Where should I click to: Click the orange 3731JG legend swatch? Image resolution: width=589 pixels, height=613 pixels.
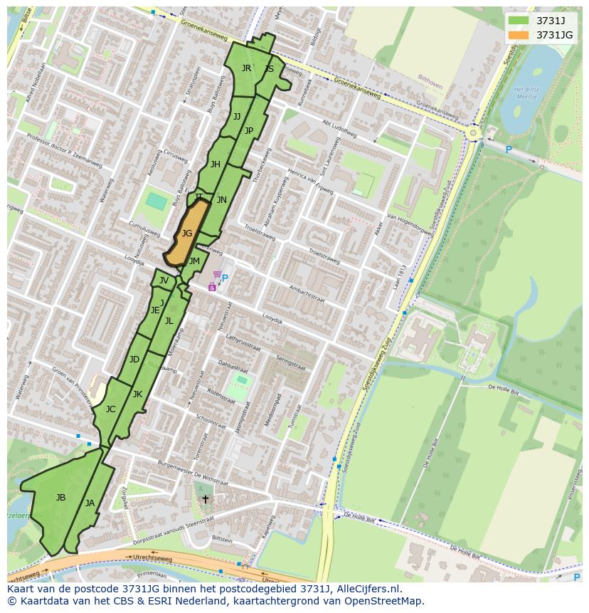click(x=519, y=35)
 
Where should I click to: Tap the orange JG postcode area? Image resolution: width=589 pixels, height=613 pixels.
click(x=186, y=234)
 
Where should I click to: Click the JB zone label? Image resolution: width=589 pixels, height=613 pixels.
click(x=60, y=498)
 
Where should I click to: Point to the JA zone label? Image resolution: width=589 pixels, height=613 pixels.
click(x=90, y=503)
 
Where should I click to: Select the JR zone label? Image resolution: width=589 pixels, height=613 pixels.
click(x=246, y=68)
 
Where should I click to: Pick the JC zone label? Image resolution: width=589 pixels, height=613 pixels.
click(x=110, y=409)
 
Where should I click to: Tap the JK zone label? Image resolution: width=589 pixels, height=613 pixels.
click(x=137, y=394)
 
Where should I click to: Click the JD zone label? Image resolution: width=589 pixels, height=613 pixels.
click(x=134, y=360)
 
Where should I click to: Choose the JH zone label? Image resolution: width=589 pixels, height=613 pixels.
click(x=215, y=164)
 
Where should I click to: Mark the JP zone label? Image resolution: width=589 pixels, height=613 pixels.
click(x=249, y=130)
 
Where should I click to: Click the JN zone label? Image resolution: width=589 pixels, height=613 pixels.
click(x=222, y=200)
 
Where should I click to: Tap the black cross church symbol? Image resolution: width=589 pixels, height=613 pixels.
click(x=206, y=500)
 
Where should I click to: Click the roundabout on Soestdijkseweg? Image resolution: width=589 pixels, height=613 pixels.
click(x=473, y=132)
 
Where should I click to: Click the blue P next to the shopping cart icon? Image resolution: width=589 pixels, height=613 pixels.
click(x=225, y=278)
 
